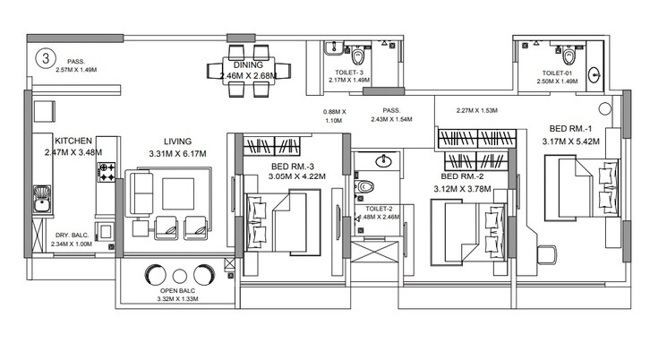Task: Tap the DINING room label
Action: coord(247,64)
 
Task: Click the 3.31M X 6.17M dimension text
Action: coord(176,154)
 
